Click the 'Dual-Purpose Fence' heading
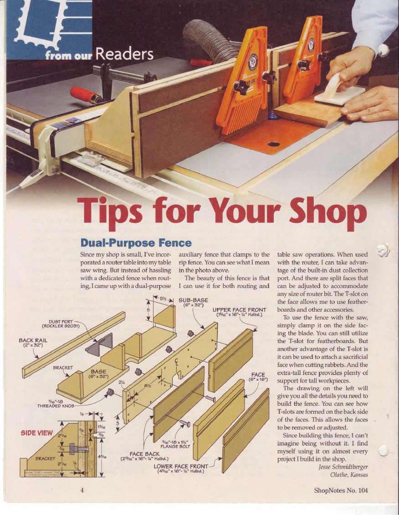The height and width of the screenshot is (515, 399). click(136, 243)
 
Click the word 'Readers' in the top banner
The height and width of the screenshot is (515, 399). click(124, 54)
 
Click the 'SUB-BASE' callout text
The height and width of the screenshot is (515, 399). click(194, 300)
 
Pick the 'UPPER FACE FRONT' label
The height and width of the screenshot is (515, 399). click(239, 310)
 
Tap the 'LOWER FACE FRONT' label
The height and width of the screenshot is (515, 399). click(181, 466)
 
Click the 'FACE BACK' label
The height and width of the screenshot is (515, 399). click(144, 454)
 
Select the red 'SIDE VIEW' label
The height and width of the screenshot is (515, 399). click(36, 433)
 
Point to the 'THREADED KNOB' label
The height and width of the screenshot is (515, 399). click(56, 406)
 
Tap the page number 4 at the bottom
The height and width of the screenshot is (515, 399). click(82, 490)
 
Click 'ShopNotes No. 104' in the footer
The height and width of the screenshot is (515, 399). click(341, 490)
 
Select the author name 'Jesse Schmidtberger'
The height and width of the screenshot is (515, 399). click(343, 467)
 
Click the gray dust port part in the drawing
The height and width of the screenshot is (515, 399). click(100, 343)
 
